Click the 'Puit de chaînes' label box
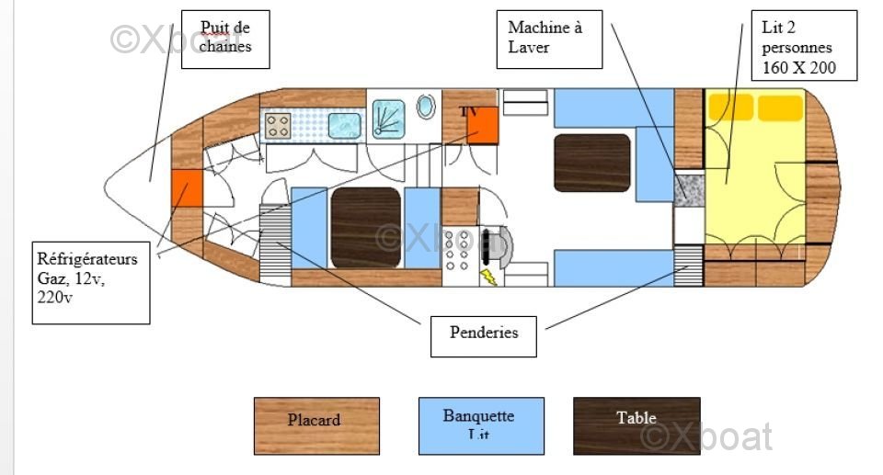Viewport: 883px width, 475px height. [225, 39]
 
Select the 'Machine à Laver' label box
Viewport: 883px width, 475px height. [549, 39]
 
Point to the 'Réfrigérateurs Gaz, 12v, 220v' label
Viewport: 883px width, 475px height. [90, 282]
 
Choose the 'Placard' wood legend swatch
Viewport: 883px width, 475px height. [316, 425]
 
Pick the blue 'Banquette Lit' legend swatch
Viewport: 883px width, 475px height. [481, 425]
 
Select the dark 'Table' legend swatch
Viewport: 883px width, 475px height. [636, 425]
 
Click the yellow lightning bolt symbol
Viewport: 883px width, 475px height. [487, 276]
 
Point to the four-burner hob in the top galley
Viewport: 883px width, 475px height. [278, 125]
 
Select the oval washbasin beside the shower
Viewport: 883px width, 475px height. [426, 107]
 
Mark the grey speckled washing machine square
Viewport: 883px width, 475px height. [687, 188]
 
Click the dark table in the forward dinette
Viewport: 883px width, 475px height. [365, 227]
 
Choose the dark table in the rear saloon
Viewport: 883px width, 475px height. [591, 163]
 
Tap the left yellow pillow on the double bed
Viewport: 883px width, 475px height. [729, 108]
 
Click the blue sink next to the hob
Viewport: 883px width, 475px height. [344, 125]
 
